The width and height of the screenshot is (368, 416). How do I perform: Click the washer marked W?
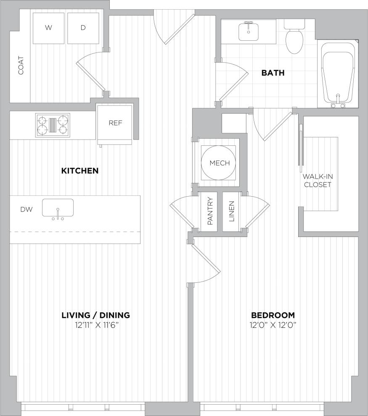[x=49, y=28]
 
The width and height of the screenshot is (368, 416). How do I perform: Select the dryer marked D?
[x=83, y=28]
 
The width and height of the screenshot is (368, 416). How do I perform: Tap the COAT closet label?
[x=21, y=66]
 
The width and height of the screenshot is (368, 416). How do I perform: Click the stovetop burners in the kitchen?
[x=53, y=124]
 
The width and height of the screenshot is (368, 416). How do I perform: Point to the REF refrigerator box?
[x=115, y=123]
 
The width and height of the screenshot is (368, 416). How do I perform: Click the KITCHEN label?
[x=80, y=171]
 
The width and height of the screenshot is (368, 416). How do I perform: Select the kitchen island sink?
[x=58, y=208]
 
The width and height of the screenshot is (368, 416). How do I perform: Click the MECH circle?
[x=220, y=163]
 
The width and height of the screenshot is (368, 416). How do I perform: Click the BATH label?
[x=273, y=73]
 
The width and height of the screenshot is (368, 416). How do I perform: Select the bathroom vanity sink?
[x=249, y=32]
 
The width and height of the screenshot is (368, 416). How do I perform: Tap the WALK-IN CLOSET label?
[x=317, y=181]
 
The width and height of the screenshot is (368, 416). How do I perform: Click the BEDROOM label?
[x=273, y=315]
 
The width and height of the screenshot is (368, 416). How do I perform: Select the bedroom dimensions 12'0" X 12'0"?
[x=273, y=324]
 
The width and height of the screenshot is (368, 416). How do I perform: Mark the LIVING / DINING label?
[x=95, y=315]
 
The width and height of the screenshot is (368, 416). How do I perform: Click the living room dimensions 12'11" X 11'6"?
[x=95, y=324]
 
